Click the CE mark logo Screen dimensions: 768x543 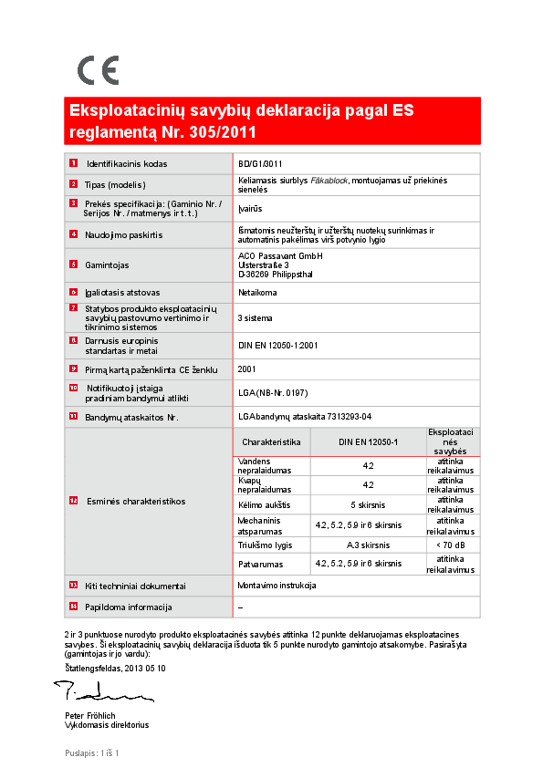pyautogui.click(x=98, y=71)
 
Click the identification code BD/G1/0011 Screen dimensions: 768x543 pyautogui.click(x=260, y=164)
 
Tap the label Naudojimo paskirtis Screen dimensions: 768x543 pyautogui.click(x=124, y=234)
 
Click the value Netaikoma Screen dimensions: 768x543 pyautogui.click(x=257, y=293)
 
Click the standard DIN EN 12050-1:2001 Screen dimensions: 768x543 pyautogui.click(x=277, y=346)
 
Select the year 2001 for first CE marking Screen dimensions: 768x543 pyautogui.click(x=246, y=369)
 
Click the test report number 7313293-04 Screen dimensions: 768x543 pyautogui.click(x=340, y=417)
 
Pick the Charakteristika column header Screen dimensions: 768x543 pyautogui.click(x=271, y=441)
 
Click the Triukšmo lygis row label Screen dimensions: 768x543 pyautogui.click(x=265, y=545)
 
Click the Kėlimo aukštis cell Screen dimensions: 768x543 pyautogui.click(x=264, y=504)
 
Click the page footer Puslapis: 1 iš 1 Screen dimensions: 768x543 pyautogui.click(x=92, y=753)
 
